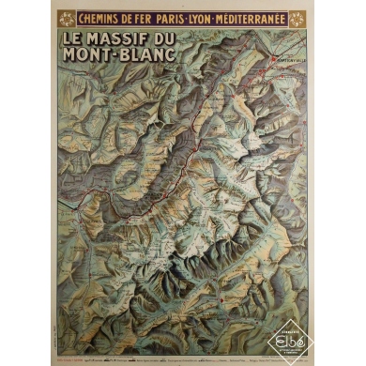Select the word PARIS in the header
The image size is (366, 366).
pyautogui.click(x=182, y=18)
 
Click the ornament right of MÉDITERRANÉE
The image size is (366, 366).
pyautogui.click(x=301, y=18)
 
